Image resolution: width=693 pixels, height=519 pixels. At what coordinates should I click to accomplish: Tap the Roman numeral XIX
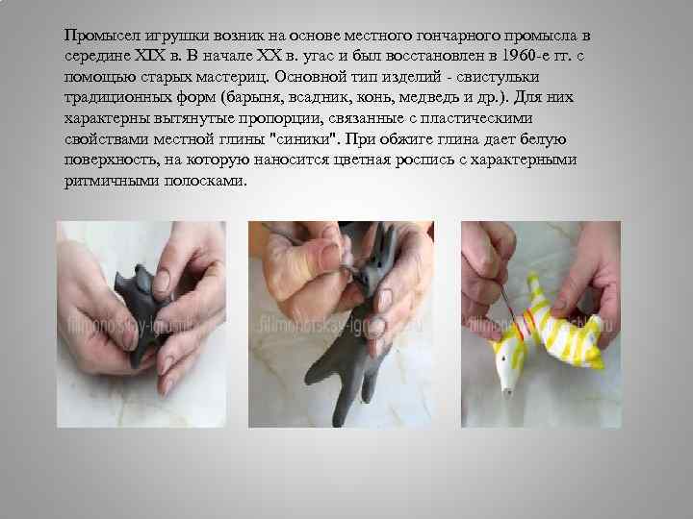pyautogui.click(x=149, y=56)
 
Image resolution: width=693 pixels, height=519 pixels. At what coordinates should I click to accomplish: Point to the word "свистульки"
pyautogui.click(x=498, y=77)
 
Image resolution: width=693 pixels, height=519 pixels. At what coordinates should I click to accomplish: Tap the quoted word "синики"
pyautogui.click(x=304, y=139)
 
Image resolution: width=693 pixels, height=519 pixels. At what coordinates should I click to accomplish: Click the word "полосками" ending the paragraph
pyautogui.click(x=206, y=182)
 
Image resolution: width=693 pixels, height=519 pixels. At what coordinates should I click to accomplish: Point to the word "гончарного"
pyautogui.click(x=458, y=36)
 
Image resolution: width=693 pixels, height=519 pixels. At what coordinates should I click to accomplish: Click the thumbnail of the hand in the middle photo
pyautogui.click(x=330, y=255)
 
